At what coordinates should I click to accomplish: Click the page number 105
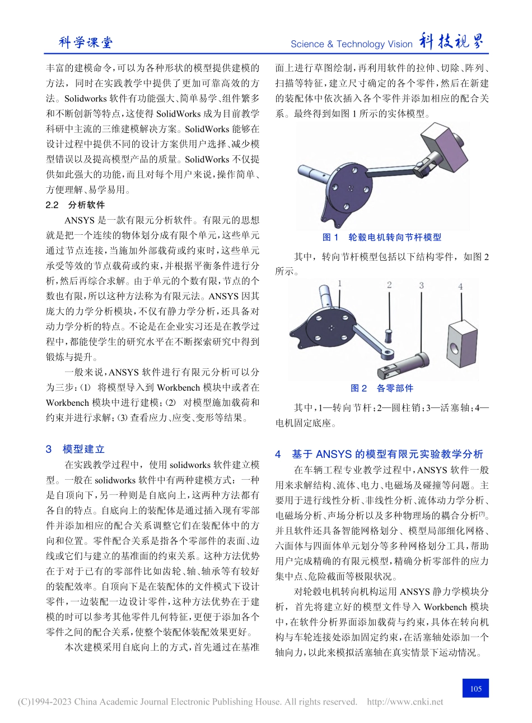[x=475, y=688]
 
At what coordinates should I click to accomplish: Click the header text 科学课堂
[x=86, y=43]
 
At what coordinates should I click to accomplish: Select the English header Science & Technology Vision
[x=351, y=44]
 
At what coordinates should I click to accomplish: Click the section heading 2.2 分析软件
[x=75, y=205]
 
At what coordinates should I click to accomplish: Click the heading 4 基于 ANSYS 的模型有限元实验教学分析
[x=379, y=454]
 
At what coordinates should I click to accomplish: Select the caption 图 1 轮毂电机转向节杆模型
[x=382, y=238]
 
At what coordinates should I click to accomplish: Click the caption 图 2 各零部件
[x=382, y=388]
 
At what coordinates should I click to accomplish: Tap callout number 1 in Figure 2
[x=339, y=284]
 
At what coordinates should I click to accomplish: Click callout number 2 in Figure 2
[x=389, y=285]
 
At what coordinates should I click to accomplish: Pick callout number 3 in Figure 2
[x=421, y=286]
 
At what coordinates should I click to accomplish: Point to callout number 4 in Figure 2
[x=460, y=286]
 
